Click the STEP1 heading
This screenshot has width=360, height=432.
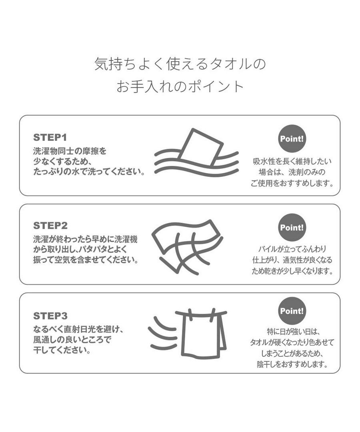click(x=50, y=137)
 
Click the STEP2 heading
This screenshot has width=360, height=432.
click(x=50, y=226)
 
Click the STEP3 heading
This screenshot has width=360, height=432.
click(x=50, y=316)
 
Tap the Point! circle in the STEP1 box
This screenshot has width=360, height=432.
click(x=292, y=138)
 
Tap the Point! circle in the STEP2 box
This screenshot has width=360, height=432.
click(x=292, y=228)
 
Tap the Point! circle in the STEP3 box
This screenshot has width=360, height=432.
click(x=292, y=311)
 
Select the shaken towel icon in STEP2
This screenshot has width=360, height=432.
click(x=188, y=247)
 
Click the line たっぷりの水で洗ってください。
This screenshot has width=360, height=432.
click(x=89, y=172)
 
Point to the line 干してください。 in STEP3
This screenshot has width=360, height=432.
click(x=62, y=350)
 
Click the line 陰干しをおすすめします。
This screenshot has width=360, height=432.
click(x=292, y=364)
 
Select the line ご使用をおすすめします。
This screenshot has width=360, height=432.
click(x=292, y=183)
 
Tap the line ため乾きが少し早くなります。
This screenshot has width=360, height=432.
click(x=292, y=271)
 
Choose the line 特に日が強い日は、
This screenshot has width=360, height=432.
click(x=292, y=332)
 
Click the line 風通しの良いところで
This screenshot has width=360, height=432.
click(x=72, y=340)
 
